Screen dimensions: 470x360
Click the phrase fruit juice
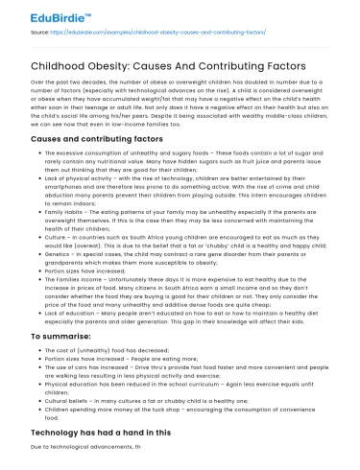[255, 165]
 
